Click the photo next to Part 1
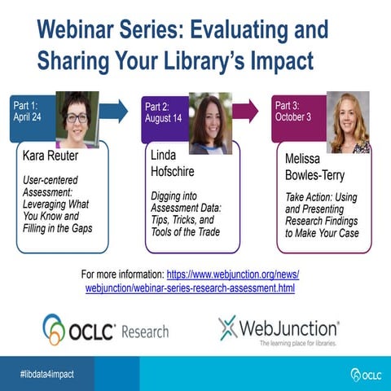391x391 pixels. (x=77, y=119)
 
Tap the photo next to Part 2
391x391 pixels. (x=210, y=122)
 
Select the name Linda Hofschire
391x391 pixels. (x=174, y=161)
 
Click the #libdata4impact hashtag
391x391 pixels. (x=46, y=373)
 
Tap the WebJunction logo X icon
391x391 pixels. (x=229, y=327)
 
